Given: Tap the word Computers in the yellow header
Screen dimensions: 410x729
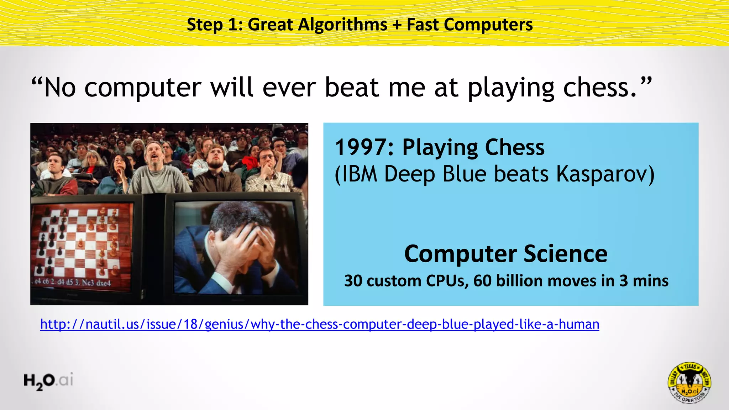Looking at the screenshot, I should point(488,25).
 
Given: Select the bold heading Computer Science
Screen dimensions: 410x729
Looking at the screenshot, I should point(506,254).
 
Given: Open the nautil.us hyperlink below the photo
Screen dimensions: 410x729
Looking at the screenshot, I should point(319,324).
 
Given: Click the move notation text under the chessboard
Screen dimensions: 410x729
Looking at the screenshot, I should point(73,283).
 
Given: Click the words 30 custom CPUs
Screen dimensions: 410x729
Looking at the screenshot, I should point(406,281).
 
